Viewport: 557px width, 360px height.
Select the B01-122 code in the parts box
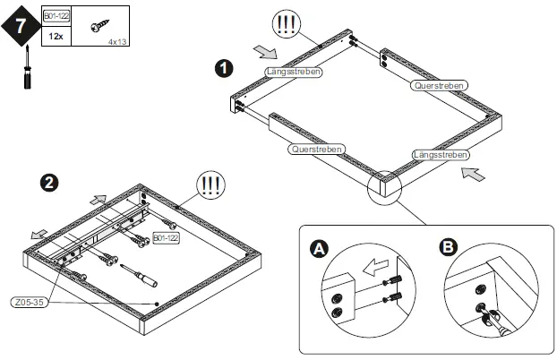(56, 17)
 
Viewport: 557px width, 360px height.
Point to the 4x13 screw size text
(117, 41)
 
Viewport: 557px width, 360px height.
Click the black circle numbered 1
(224, 67)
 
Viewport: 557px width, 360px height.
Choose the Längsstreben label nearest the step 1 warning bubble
(294, 71)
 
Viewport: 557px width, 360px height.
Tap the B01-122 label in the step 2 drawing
(167, 239)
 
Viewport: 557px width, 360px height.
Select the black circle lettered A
(319, 248)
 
